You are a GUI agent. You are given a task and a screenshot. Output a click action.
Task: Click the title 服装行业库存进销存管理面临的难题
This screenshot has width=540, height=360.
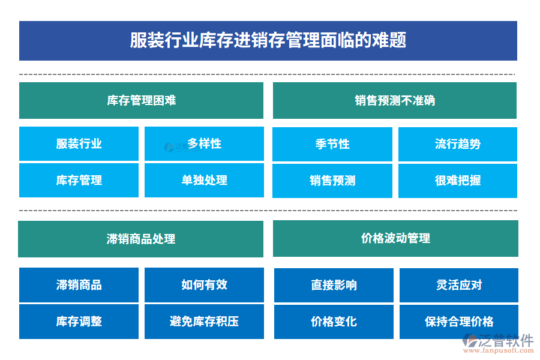(x=268, y=41)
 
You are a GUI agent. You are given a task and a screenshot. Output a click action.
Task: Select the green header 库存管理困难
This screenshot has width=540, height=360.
(x=141, y=100)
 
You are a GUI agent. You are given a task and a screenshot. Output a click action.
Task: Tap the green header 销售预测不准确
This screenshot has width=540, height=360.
(x=394, y=100)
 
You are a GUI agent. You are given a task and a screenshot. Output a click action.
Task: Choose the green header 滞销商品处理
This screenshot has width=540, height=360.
(x=141, y=239)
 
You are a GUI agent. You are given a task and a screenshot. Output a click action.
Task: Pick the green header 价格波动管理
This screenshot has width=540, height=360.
(x=395, y=238)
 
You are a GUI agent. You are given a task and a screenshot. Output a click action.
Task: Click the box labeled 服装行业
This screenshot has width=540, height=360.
(x=79, y=144)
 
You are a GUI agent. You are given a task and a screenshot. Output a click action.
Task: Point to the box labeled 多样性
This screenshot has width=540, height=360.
(x=204, y=144)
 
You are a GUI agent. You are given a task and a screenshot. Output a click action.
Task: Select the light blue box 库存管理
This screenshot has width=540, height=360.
(x=79, y=180)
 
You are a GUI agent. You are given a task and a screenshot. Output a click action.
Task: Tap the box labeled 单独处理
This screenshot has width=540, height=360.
(x=204, y=180)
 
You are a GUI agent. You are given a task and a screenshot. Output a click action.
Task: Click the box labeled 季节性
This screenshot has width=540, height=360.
(x=332, y=144)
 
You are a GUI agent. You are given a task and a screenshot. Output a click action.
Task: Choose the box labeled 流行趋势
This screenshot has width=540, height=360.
(x=458, y=144)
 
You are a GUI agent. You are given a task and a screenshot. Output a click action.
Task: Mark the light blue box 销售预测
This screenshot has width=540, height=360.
(x=332, y=181)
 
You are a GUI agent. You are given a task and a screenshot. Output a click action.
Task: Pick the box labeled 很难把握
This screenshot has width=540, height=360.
(x=458, y=181)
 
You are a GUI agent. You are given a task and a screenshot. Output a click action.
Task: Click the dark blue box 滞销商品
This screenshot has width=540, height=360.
(x=79, y=285)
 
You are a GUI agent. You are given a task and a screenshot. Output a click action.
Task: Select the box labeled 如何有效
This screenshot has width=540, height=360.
(x=204, y=285)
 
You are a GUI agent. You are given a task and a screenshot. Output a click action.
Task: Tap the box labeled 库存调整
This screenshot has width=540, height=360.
(x=79, y=322)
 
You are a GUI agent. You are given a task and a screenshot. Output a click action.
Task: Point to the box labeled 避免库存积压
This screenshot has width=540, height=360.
(x=204, y=322)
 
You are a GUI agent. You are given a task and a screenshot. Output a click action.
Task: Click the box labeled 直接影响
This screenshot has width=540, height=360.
(x=334, y=285)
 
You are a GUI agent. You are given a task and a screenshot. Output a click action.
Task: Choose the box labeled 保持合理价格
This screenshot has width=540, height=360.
(x=459, y=322)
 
